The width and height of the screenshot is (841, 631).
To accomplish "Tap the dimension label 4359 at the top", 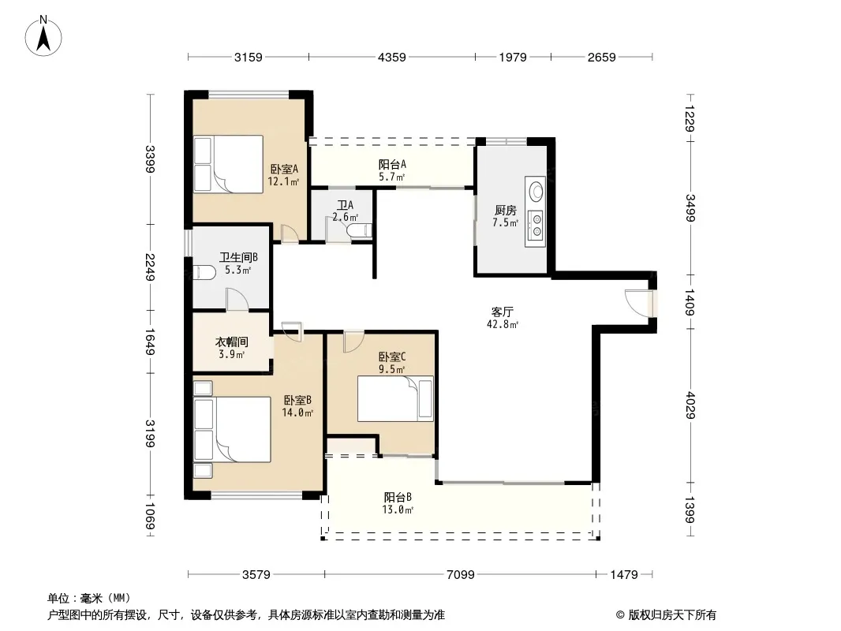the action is [391, 57].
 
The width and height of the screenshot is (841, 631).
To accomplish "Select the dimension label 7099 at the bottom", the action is [460, 575].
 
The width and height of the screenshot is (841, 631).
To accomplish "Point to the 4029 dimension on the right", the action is [690, 405].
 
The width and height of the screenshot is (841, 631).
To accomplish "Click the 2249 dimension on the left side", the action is [150, 267].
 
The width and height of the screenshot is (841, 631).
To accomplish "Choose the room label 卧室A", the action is [284, 169].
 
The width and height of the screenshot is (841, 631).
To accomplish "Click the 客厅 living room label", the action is [503, 312].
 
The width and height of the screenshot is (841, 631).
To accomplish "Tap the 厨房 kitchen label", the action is [505, 210].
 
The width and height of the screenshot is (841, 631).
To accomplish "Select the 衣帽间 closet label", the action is [232, 342].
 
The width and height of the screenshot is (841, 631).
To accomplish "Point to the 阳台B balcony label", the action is [398, 497].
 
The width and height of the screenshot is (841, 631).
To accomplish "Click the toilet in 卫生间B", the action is [204, 272].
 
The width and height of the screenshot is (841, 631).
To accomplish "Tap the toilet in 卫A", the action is [359, 231].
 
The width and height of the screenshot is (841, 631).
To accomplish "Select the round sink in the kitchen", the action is [536, 190].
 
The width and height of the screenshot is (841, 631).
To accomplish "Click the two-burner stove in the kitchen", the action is [535, 225].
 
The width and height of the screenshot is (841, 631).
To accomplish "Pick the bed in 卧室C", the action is [395, 398].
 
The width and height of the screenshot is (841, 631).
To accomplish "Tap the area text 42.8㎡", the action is [503, 324].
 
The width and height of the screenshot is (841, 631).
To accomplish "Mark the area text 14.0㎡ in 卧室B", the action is [297, 413].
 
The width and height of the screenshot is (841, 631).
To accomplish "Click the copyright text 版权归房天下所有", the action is [672, 615].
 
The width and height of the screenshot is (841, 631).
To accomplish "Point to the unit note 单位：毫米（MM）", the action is [89, 598].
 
